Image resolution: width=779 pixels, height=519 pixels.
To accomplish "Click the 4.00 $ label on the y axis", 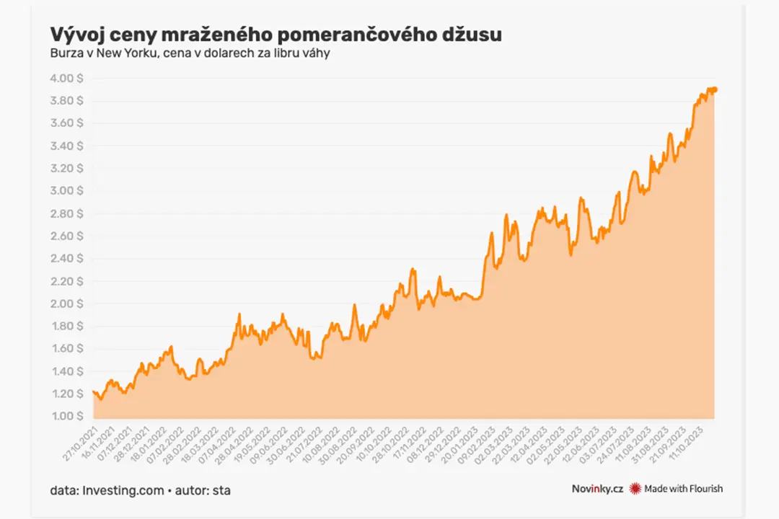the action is pyautogui.click(x=66, y=79).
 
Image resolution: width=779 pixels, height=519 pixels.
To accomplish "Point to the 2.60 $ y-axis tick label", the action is pyautogui.click(x=66, y=236).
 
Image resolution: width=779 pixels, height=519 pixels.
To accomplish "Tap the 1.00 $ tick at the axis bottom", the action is pyautogui.click(x=67, y=416).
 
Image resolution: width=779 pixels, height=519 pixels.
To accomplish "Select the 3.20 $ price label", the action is pyautogui.click(x=66, y=169).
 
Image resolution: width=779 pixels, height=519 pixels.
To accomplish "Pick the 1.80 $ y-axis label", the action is pyautogui.click(x=67, y=326).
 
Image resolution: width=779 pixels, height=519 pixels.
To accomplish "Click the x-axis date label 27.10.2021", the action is pyautogui.click(x=81, y=443).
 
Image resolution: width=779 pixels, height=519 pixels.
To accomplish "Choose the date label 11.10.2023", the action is pyautogui.click(x=686, y=443).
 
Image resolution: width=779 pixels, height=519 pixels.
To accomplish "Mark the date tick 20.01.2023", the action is pyautogui.click(x=459, y=443).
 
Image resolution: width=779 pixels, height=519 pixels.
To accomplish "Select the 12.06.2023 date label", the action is pyautogui.click(x=580, y=443).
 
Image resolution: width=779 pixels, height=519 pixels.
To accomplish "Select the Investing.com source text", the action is pyautogui.click(x=123, y=491).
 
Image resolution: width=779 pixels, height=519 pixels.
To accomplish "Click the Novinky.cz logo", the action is pyautogui.click(x=597, y=489).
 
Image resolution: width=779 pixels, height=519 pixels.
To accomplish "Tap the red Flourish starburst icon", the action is pyautogui.click(x=635, y=489).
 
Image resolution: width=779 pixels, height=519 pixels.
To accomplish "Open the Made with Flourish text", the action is pyautogui.click(x=683, y=489).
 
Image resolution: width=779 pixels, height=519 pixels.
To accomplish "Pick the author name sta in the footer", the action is pyautogui.click(x=221, y=491).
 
